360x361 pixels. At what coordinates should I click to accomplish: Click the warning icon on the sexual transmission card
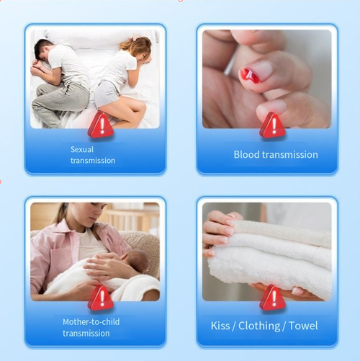pyautogui.click(x=101, y=125)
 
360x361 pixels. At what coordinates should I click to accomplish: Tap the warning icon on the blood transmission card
pyautogui.click(x=272, y=125)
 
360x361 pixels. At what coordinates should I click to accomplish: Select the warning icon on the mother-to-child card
pyautogui.click(x=101, y=298)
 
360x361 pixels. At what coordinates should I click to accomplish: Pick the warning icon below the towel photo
pyautogui.click(x=272, y=298)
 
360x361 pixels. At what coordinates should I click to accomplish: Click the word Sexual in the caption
pyautogui.click(x=82, y=149)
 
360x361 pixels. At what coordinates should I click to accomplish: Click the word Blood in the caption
pyautogui.click(x=246, y=154)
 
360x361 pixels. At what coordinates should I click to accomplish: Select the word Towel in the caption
pyautogui.click(x=303, y=326)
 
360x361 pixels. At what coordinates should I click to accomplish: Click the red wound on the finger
pyautogui.click(x=250, y=74)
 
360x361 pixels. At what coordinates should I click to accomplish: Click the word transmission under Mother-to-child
pyautogui.click(x=87, y=333)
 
